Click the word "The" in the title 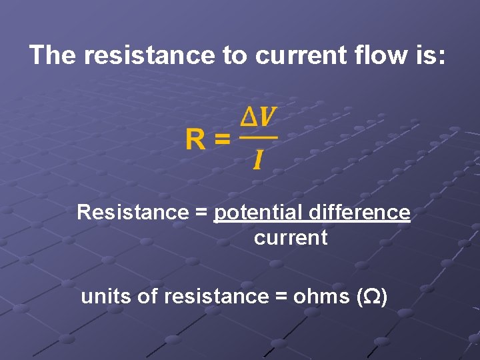[53, 55]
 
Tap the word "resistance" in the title [149, 55]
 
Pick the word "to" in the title [234, 55]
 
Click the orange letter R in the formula [196, 140]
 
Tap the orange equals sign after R [223, 141]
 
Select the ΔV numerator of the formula [258, 117]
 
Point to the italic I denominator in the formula [257, 159]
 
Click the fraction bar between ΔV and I [258, 138]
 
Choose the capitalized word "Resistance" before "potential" [123, 213]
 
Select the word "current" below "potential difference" [291, 238]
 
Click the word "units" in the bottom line [106, 297]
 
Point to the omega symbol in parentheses [372, 297]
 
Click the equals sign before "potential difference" [200, 213]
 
